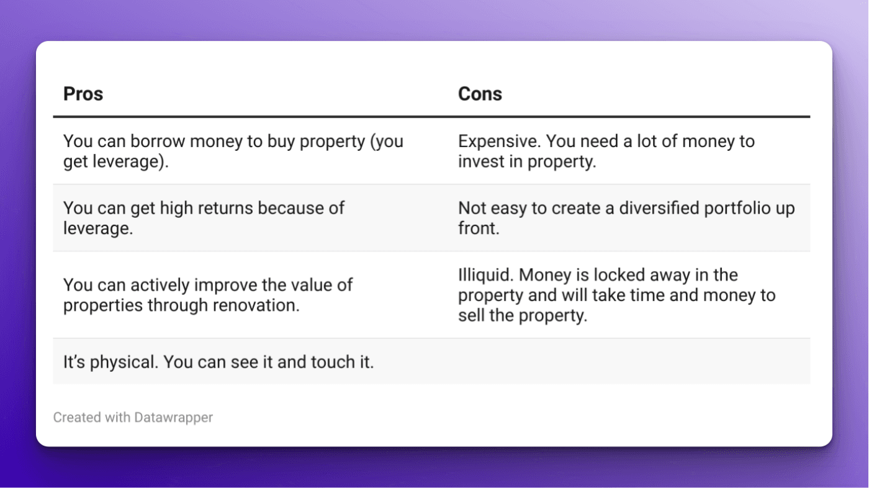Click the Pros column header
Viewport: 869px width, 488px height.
click(83, 94)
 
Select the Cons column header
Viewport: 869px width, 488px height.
click(480, 94)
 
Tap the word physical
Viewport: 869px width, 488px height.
click(124, 361)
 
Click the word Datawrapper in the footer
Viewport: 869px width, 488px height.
click(173, 417)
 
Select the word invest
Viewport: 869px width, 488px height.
click(477, 161)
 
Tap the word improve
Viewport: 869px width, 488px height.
click(226, 286)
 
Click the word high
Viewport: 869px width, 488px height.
click(177, 208)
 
